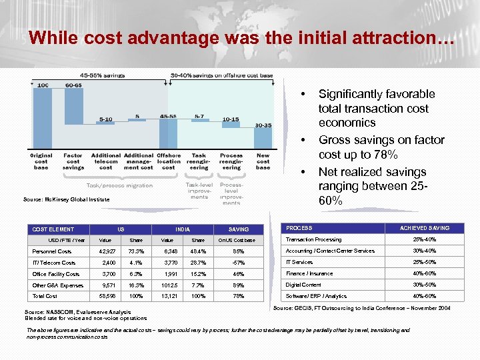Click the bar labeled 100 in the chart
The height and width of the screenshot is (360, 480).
tap(43, 117)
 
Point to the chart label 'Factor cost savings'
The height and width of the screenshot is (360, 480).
tap(73, 161)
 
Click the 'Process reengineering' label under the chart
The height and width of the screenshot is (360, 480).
tap(231, 161)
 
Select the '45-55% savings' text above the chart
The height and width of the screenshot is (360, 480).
tap(103, 75)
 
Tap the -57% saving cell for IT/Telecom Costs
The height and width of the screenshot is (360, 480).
tap(239, 263)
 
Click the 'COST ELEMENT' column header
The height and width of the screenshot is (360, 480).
tap(53, 229)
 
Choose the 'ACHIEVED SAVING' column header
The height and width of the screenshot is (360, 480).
tap(424, 228)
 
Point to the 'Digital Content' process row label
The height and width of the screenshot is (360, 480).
tap(304, 285)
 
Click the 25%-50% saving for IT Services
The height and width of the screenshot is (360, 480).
tap(424, 262)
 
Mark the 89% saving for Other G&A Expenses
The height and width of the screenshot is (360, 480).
tap(239, 285)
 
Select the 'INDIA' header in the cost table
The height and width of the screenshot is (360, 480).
tap(182, 229)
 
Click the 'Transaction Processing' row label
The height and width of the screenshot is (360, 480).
tap(313, 239)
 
